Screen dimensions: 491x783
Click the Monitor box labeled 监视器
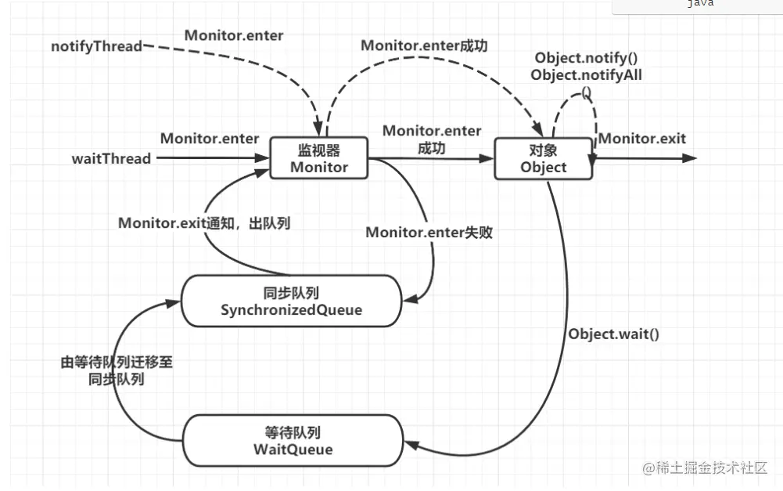pyautogui.click(x=319, y=157)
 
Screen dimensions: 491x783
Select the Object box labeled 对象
pyautogui.click(x=543, y=157)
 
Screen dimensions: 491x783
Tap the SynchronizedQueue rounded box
pyautogui.click(x=291, y=301)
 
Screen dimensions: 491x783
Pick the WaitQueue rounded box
pyautogui.click(x=293, y=441)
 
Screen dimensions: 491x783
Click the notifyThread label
pyautogui.click(x=97, y=46)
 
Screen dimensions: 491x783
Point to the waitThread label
pyautogui.click(x=111, y=158)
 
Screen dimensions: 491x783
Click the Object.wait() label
pyautogui.click(x=614, y=334)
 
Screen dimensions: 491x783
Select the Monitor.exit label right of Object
pyautogui.click(x=641, y=139)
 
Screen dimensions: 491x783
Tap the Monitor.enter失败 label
pyautogui.click(x=429, y=233)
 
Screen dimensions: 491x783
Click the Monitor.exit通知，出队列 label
pyautogui.click(x=204, y=223)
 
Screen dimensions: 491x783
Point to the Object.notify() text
pyautogui.click(x=586, y=59)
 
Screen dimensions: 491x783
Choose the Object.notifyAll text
pyautogui.click(x=586, y=75)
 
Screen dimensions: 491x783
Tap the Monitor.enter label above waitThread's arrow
pyautogui.click(x=210, y=139)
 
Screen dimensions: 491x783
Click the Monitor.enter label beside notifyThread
pyautogui.click(x=234, y=35)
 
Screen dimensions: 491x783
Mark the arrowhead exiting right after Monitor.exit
pyautogui.click(x=690, y=158)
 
